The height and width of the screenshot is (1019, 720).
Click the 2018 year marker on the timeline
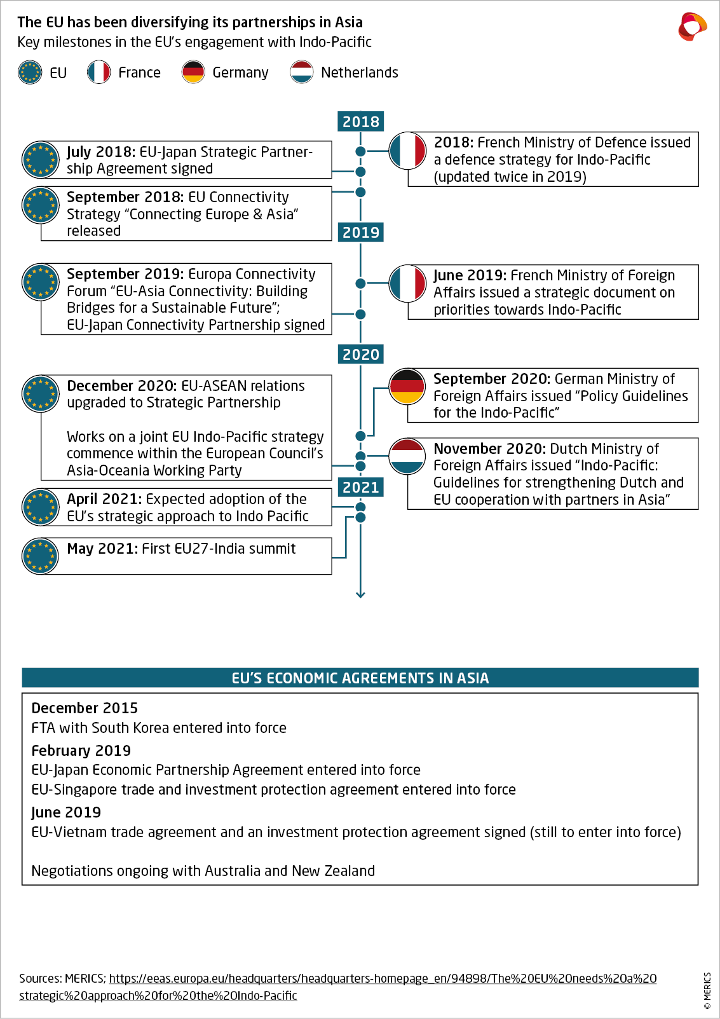click(x=360, y=121)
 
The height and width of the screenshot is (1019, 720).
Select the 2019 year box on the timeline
click(x=360, y=233)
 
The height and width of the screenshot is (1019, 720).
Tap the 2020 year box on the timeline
click(x=360, y=354)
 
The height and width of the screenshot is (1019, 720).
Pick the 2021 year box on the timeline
click(x=360, y=488)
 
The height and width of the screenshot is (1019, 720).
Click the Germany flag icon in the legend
click(x=193, y=72)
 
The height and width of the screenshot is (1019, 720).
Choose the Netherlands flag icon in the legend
click(x=301, y=72)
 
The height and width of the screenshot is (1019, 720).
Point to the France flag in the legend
click(x=98, y=72)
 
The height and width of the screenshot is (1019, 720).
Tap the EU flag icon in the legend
click(x=30, y=72)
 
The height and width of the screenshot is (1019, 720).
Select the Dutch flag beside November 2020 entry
click(x=407, y=456)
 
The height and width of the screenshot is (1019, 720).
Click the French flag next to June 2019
click(x=407, y=284)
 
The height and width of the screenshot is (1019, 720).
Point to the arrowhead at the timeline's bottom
click(x=360, y=594)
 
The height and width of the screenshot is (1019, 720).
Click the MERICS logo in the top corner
click(x=692, y=27)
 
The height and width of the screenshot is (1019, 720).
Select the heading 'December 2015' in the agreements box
click(x=85, y=708)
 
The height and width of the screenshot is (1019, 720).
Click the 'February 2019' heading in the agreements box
click(x=81, y=751)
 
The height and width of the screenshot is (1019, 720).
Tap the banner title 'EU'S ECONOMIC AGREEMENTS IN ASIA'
click(x=360, y=678)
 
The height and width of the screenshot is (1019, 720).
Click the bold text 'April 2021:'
click(x=104, y=500)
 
